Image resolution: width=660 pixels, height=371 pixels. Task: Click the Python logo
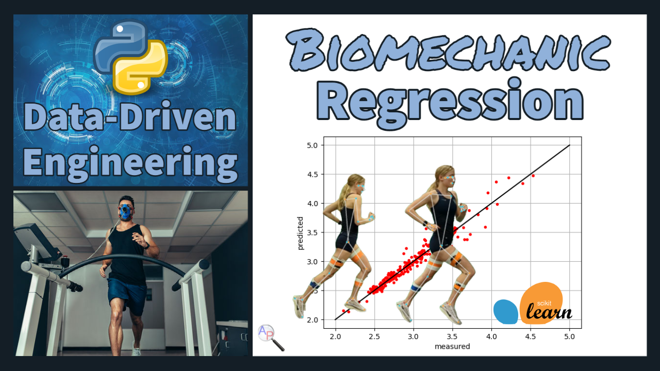pyautogui.click(x=131, y=57)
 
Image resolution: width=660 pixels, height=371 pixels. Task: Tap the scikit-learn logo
pyautogui.click(x=533, y=303)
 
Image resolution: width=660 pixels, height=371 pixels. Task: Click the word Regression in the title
pyautogui.click(x=450, y=102)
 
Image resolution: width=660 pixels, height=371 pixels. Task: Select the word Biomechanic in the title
pyautogui.click(x=448, y=49)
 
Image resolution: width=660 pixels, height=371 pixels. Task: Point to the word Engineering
pyautogui.click(x=130, y=163)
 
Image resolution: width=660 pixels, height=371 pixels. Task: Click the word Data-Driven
pyautogui.click(x=130, y=116)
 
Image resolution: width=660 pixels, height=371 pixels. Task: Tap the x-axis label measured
pyautogui.click(x=452, y=346)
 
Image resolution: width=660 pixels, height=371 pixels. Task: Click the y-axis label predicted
pyautogui.click(x=300, y=233)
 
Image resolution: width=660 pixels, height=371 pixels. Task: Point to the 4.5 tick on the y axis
pyautogui.click(x=312, y=174)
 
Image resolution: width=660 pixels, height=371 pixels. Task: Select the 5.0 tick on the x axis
pyautogui.click(x=570, y=336)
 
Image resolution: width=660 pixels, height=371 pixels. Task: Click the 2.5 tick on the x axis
pyautogui.click(x=374, y=336)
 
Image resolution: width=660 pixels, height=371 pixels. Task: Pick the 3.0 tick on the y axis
pyautogui.click(x=312, y=262)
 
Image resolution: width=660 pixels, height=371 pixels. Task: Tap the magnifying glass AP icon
pyautogui.click(x=271, y=338)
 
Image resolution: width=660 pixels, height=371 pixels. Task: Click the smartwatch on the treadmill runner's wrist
pyautogui.click(x=147, y=245)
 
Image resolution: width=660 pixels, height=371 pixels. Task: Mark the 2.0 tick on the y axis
pyautogui.click(x=312, y=320)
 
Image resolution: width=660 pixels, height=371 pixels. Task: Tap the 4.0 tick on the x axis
pyautogui.click(x=491, y=336)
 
